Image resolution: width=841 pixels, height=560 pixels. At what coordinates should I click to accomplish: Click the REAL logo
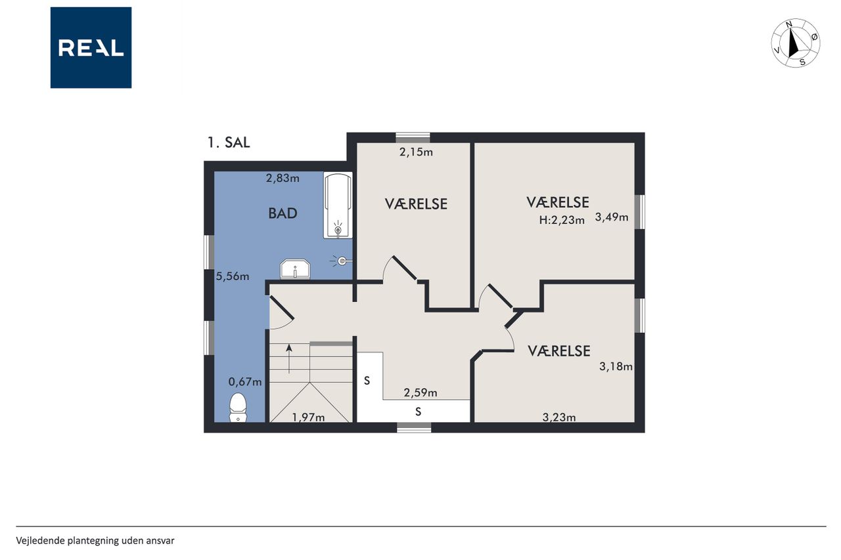(x=91, y=48)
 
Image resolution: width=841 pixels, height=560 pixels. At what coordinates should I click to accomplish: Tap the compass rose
(x=795, y=43)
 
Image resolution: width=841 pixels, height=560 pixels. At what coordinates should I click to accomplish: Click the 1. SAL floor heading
(x=229, y=142)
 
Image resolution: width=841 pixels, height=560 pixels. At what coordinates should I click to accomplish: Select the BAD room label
(x=283, y=213)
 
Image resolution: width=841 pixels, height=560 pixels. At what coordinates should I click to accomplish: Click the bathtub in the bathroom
(x=338, y=205)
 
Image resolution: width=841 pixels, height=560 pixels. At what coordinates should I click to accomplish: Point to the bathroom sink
(x=295, y=269)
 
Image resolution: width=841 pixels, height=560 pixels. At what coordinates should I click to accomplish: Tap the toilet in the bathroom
(x=238, y=407)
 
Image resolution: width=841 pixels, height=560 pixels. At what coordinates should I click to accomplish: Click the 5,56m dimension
(x=233, y=276)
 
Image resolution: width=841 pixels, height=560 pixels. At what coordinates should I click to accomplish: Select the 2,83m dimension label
(x=283, y=178)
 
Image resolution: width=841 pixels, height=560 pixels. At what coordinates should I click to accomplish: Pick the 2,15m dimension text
(x=416, y=152)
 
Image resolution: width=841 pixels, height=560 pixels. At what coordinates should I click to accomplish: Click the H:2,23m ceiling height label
(x=562, y=220)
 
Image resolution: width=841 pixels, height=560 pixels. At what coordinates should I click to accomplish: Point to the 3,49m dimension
(x=612, y=217)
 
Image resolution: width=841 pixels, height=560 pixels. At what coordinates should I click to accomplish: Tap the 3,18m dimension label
(x=616, y=366)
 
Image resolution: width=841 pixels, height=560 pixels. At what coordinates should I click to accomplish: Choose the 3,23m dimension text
(x=559, y=417)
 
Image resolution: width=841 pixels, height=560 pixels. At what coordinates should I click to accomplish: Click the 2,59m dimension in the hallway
(x=420, y=393)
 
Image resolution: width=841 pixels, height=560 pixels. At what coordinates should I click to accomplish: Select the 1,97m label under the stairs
(x=308, y=417)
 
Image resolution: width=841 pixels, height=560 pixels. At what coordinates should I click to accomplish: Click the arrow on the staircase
(x=289, y=359)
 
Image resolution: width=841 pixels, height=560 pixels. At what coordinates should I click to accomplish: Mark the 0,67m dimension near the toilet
(x=245, y=382)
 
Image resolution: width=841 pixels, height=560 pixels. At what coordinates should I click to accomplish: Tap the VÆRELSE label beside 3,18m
(x=559, y=351)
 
